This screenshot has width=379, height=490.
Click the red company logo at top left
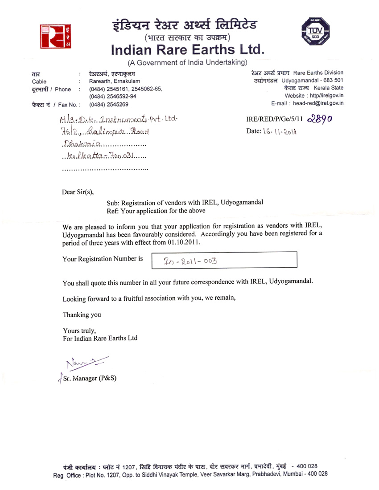(x=56, y=36)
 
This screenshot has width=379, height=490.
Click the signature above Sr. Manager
(x=87, y=367)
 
